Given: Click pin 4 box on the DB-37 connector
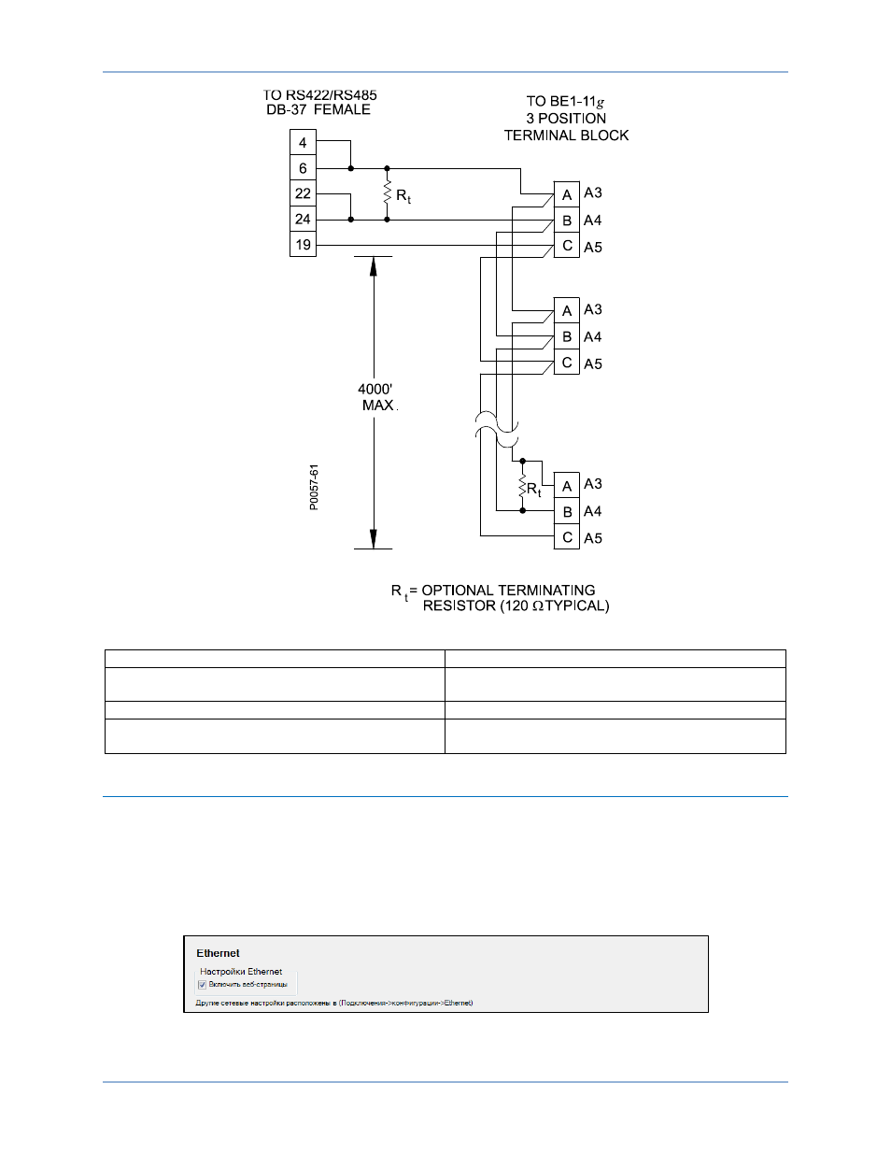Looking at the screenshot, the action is click(x=303, y=142).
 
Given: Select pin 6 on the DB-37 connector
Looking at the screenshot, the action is click(x=303, y=168).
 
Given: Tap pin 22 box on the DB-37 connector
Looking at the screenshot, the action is click(x=303, y=193).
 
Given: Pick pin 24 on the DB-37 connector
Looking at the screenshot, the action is click(x=303, y=219).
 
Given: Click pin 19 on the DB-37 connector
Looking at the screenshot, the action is click(x=303, y=244).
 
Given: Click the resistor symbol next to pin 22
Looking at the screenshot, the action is click(x=388, y=193).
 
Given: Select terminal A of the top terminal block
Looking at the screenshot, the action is click(x=567, y=194).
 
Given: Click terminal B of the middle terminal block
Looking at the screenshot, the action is click(x=567, y=336).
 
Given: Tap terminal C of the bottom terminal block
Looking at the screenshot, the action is click(x=567, y=537).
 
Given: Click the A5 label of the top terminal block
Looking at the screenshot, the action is click(x=593, y=247).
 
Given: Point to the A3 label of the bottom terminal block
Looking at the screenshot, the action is click(x=593, y=484).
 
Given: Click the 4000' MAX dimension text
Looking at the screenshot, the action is click(x=377, y=397).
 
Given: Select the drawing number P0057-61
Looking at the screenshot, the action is click(x=314, y=487).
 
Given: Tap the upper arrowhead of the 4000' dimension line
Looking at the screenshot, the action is click(x=374, y=266).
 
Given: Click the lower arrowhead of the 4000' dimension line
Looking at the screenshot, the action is click(x=374, y=539).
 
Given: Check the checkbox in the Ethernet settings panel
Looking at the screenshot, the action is click(x=202, y=985).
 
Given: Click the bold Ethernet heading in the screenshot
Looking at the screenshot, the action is click(x=218, y=953).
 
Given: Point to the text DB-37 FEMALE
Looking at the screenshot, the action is click(x=318, y=109).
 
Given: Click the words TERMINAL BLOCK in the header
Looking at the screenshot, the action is click(x=566, y=135).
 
